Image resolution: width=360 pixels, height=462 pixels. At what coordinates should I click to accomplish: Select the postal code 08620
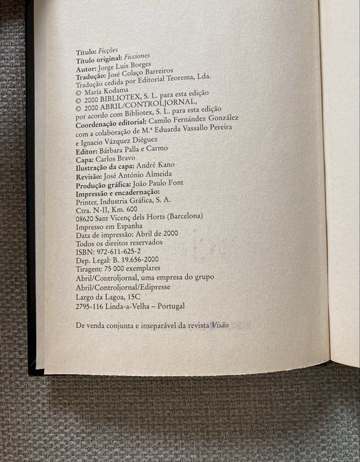point(88,216)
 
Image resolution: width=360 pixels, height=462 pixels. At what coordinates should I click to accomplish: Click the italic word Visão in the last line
point(220,326)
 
